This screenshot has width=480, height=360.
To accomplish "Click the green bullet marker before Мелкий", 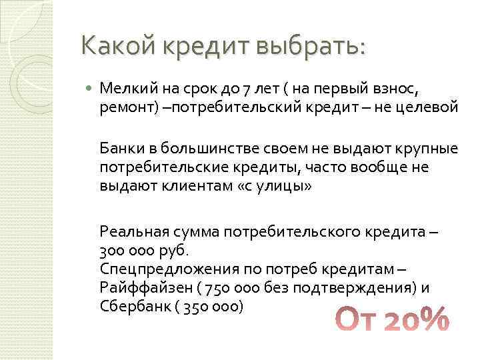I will [x=90, y=87].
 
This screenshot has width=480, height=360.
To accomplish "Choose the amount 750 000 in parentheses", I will [x=220, y=287].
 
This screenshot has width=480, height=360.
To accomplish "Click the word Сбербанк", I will [x=131, y=306].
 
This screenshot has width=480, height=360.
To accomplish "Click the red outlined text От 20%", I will [x=392, y=319].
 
